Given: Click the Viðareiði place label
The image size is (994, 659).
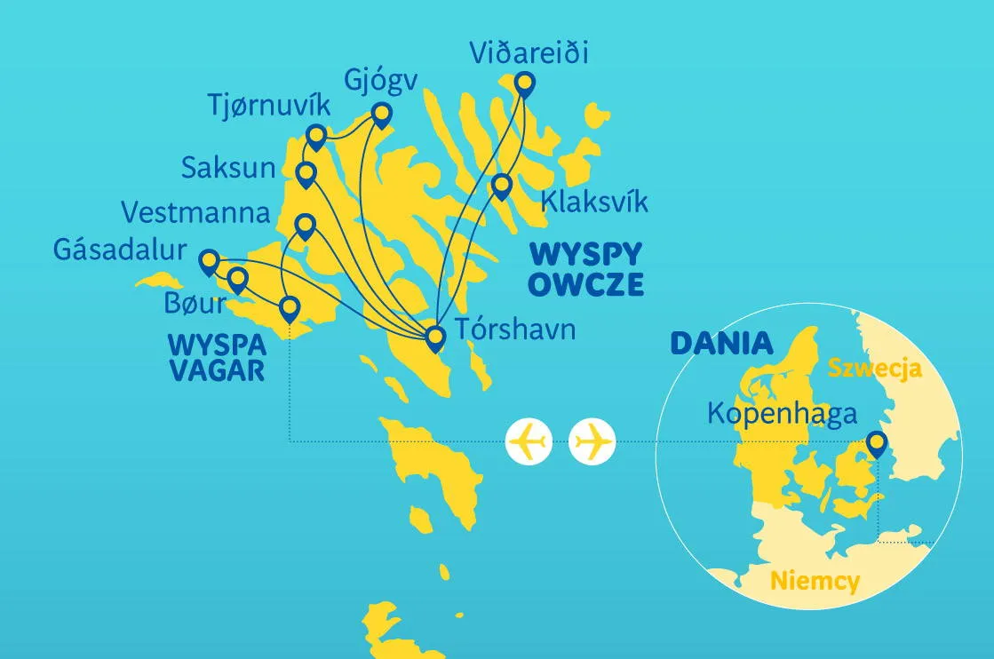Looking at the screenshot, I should pos(529,54).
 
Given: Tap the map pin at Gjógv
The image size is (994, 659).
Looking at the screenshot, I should pos(381,115).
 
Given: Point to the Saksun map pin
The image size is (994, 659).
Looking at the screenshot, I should pos(306,172).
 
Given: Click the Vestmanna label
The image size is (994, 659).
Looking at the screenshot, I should pos(195,213).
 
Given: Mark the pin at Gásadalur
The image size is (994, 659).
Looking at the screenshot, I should pos(210,260).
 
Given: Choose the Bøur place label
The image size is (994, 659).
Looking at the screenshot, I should pos(195,303).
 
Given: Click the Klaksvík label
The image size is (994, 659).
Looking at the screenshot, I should pos(594,202).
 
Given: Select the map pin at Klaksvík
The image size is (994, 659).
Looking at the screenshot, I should pos(502,186).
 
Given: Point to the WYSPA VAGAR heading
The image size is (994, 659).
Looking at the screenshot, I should pos(218,355).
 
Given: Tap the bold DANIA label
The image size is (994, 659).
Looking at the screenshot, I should pos(721,343).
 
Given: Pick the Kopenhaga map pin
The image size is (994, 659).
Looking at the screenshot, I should pos(877,441).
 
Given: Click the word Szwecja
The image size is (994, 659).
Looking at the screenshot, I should pos(875,368).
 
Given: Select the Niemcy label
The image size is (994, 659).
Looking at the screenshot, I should pos(815,582).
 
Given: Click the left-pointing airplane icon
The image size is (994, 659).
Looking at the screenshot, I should pos(529,441).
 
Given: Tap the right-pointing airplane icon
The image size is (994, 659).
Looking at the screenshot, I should pos(592,441).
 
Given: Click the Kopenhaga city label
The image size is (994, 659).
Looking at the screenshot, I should pos(782,414).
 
